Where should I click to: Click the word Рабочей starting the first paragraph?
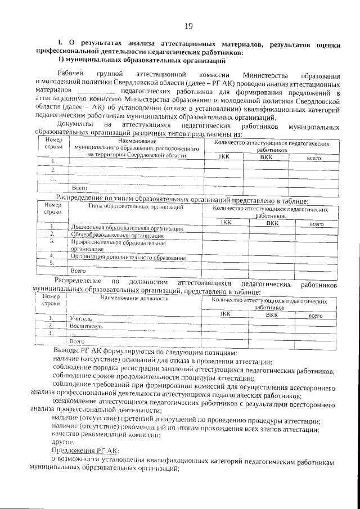click(x=71, y=75)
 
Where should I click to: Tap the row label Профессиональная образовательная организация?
click(x=118, y=244)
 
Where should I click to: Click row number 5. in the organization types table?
click(x=51, y=263)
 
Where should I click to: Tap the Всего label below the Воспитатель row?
click(x=76, y=341)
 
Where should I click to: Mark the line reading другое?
click(x=62, y=443)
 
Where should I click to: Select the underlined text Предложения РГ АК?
click(x=85, y=451)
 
